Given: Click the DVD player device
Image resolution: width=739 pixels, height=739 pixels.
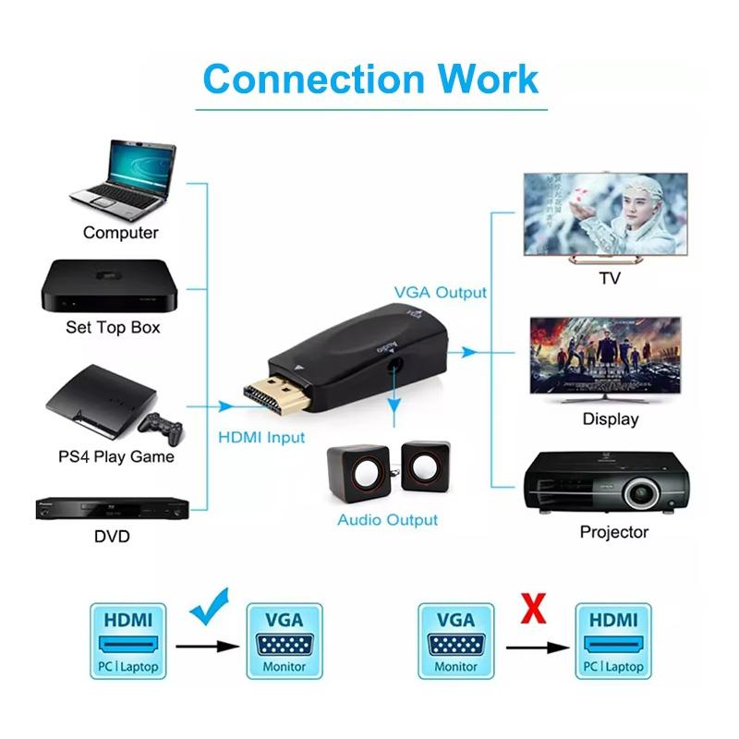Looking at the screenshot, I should [x=112, y=507].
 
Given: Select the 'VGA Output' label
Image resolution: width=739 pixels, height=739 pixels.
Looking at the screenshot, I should [x=440, y=293].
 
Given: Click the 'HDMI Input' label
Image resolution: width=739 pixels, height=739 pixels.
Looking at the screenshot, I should [x=261, y=437].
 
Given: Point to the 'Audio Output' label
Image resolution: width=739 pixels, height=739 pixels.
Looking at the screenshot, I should [x=387, y=520].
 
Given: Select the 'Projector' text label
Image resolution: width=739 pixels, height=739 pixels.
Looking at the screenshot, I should [x=613, y=532].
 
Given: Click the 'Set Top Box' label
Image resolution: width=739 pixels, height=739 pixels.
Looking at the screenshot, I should [x=113, y=327].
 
